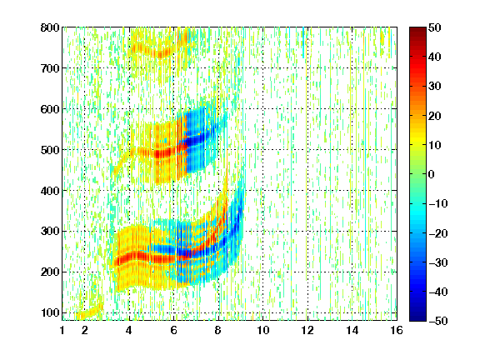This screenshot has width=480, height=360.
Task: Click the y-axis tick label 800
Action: point(50,27)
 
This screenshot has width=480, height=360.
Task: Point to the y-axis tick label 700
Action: point(50,68)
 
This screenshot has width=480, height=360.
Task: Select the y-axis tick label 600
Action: point(50,109)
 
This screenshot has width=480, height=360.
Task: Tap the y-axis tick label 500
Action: point(50,150)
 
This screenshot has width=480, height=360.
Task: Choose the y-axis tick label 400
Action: point(50,191)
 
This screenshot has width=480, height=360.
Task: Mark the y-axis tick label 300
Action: point(50,232)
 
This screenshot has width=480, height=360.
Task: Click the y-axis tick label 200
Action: point(50,272)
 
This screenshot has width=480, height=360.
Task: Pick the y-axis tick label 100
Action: point(50,312)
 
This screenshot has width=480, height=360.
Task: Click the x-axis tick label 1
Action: point(62,330)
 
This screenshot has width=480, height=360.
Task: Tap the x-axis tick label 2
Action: point(85,330)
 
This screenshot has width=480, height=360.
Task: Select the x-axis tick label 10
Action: point(263,330)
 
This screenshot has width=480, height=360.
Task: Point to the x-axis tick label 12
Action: point(307,330)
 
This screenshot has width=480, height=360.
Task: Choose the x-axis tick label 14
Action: point(352,330)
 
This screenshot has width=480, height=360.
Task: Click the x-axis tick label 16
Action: point(397,330)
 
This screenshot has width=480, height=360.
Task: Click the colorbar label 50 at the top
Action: point(434,27)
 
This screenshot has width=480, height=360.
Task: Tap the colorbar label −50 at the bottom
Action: point(438,321)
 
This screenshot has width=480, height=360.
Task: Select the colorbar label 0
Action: point(432,174)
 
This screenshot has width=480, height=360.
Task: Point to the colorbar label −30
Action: point(438,262)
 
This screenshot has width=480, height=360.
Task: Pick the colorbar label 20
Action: point(434,116)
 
